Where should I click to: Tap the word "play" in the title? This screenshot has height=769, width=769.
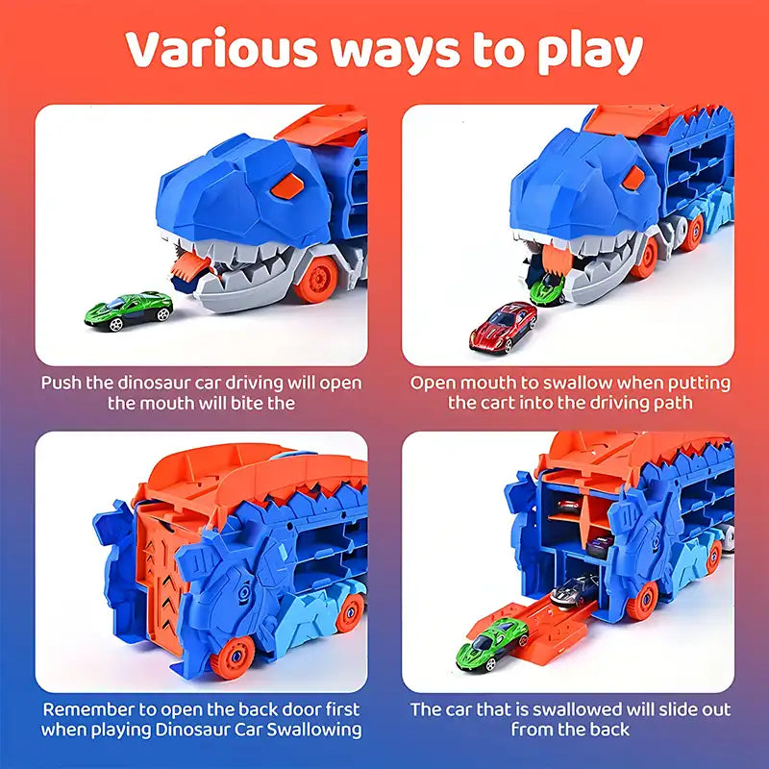[x=590, y=52]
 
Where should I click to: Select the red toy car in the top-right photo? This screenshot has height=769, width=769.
[x=503, y=326]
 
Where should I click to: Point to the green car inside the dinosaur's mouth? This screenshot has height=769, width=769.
[x=547, y=289]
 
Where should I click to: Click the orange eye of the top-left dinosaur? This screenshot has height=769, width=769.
[x=287, y=186]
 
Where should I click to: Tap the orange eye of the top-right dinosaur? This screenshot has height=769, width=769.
[x=633, y=177]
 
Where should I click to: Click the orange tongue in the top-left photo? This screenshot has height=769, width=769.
[x=189, y=265]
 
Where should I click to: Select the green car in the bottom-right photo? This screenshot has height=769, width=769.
[x=492, y=644]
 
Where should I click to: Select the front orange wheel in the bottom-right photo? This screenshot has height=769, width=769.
[x=642, y=602]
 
